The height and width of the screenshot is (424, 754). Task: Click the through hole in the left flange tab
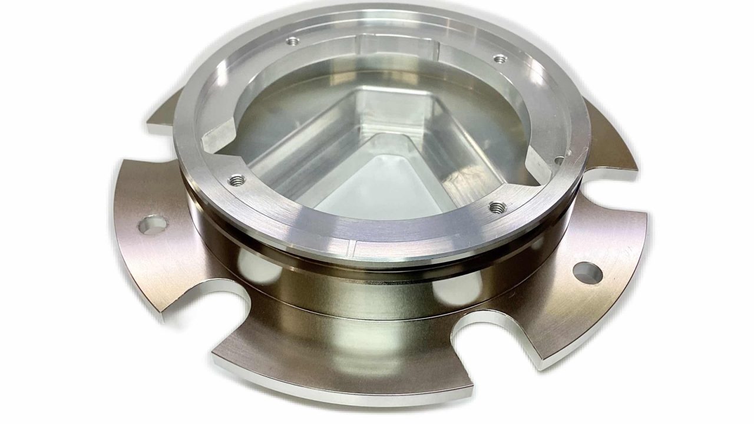(153, 225)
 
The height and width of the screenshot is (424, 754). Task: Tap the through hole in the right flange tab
(588, 273)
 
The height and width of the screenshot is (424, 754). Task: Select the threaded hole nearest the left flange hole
(237, 178)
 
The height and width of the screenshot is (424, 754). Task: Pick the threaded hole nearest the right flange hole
(498, 207)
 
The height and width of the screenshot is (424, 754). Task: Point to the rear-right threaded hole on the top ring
(500, 59)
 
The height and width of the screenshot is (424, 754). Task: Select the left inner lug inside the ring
(221, 137)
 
